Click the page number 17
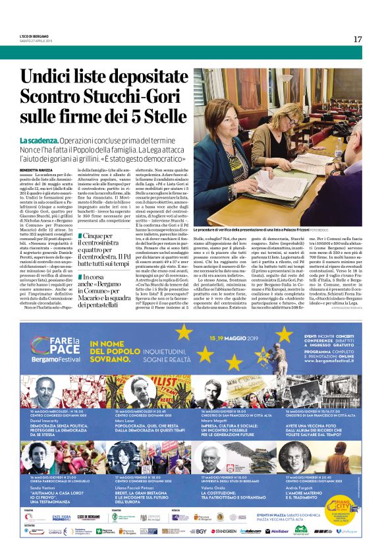tap(358, 39)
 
